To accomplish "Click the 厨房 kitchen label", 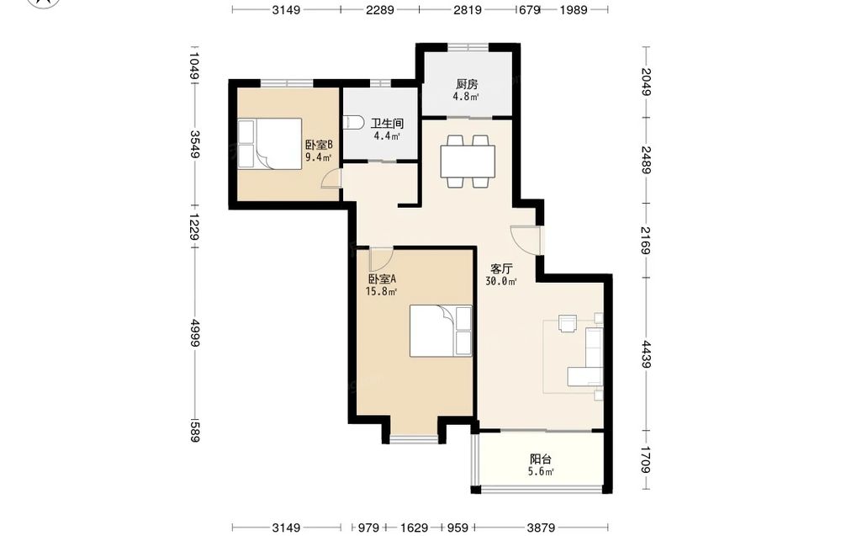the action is click(x=467, y=84).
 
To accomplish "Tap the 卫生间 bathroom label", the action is click(x=387, y=124).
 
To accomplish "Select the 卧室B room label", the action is click(x=319, y=145).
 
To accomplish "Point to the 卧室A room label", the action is click(x=382, y=279).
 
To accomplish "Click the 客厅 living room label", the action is click(x=501, y=268).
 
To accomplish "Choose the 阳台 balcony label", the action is click(x=540, y=459).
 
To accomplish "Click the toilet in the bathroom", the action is click(x=352, y=123).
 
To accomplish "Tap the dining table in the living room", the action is click(x=468, y=161).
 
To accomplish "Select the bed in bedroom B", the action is click(x=270, y=144).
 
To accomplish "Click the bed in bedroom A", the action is click(x=441, y=331).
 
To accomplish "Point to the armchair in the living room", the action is click(x=567, y=323).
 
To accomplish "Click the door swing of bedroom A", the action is click(x=380, y=258).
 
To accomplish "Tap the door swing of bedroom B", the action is click(x=331, y=178).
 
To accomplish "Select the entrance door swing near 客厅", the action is click(x=525, y=241).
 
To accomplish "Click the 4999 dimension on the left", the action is click(x=194, y=332).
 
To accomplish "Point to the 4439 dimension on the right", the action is click(x=645, y=354).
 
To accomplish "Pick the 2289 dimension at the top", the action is click(x=380, y=9).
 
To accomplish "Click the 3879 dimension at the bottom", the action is click(x=541, y=528).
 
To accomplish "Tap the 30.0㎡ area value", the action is click(x=501, y=281).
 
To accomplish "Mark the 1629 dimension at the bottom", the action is click(x=414, y=528).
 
